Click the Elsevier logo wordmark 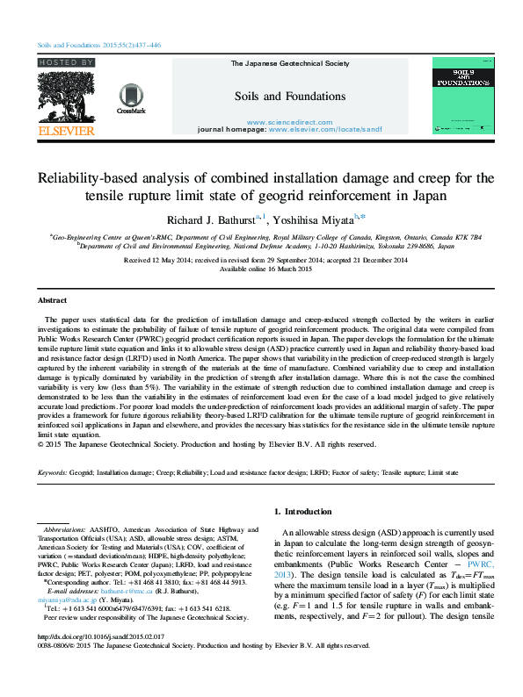66,131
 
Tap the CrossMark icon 131,97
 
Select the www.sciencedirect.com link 277,121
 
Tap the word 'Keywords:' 56,473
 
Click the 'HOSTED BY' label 66,63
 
